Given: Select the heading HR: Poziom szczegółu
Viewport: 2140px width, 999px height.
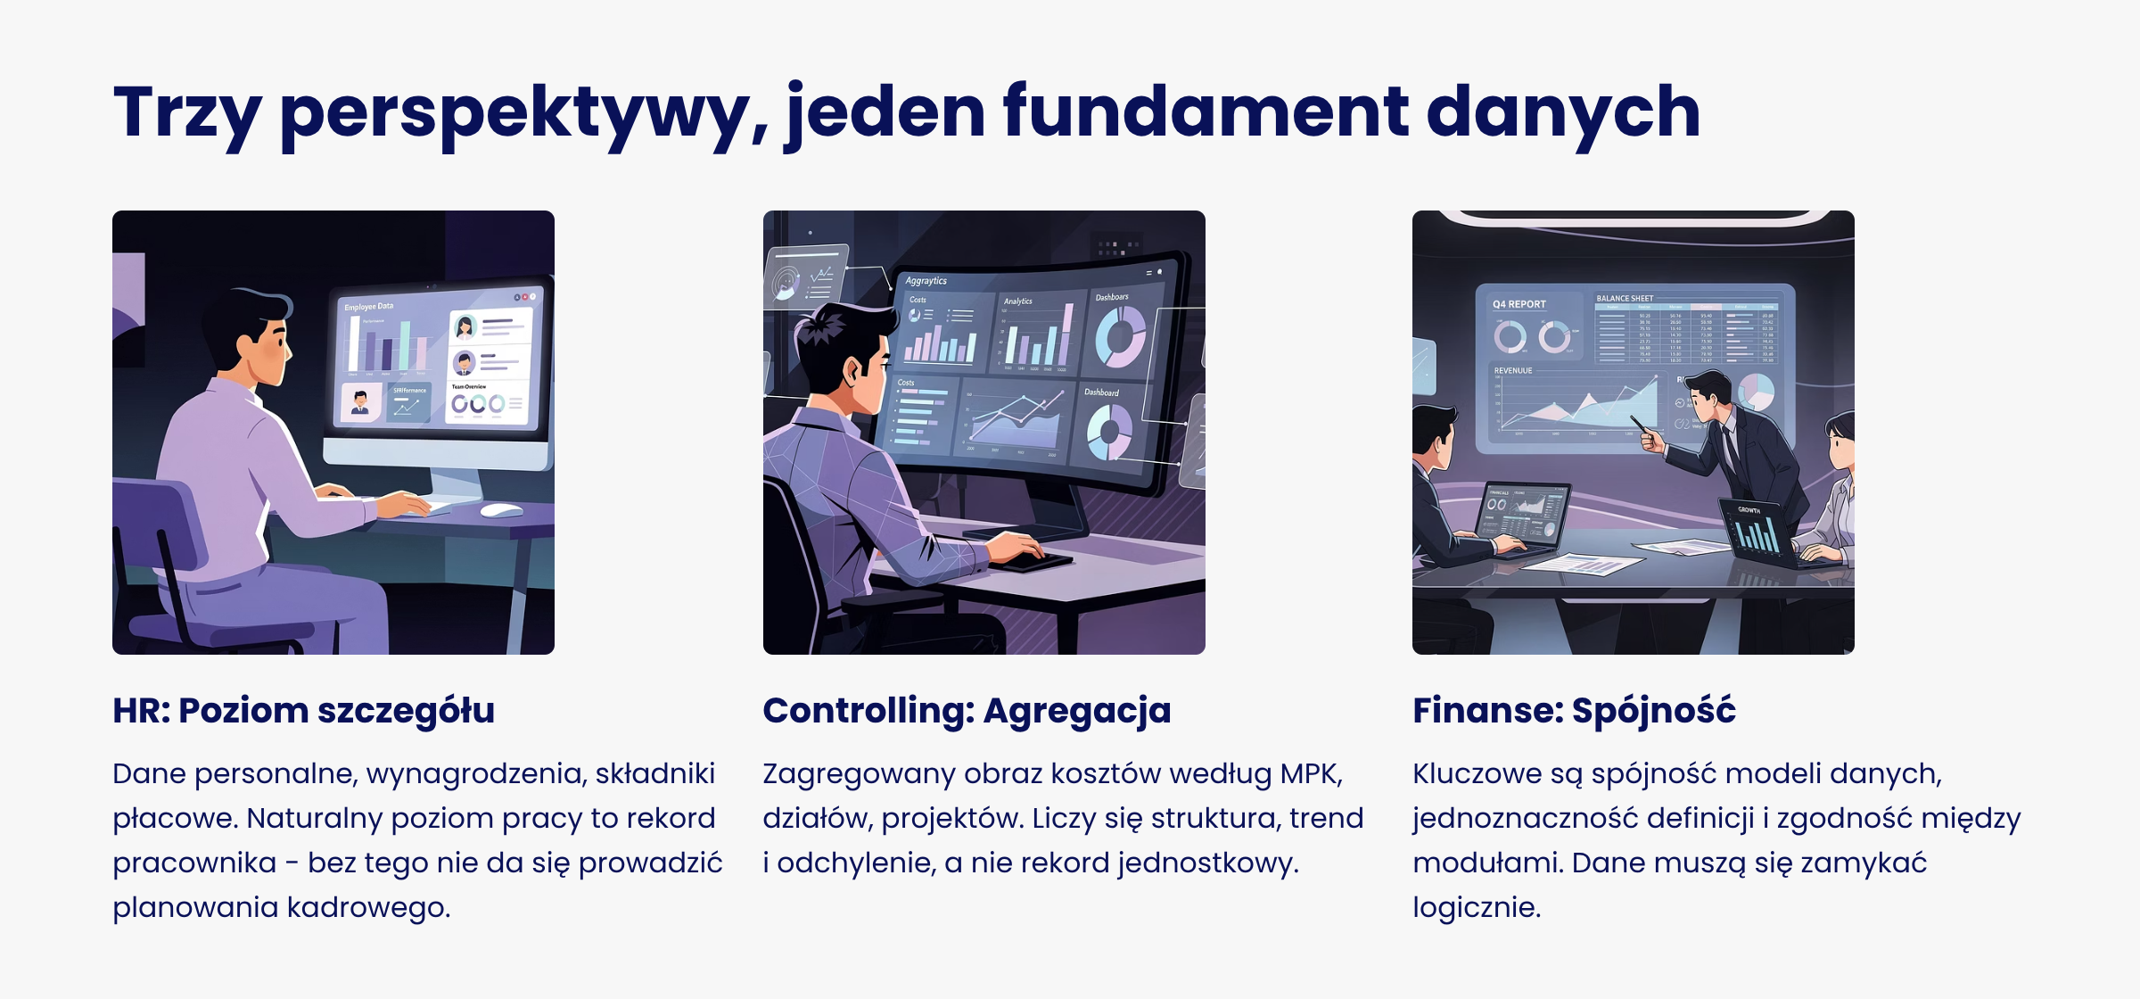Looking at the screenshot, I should pyautogui.click(x=303, y=711).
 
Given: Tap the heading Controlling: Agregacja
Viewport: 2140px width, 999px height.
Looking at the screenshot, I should pyautogui.click(x=967, y=711).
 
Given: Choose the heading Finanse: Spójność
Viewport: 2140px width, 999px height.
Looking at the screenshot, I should pyautogui.click(x=1574, y=711).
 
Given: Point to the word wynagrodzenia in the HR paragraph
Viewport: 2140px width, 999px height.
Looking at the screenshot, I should pyautogui.click(x=476, y=774).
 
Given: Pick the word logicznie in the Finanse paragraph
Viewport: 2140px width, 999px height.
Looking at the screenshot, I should pyautogui.click(x=1476, y=907).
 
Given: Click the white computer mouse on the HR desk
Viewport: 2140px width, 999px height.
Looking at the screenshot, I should pyautogui.click(x=501, y=510).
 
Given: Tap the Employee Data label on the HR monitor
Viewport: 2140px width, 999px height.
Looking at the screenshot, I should pyautogui.click(x=369, y=306).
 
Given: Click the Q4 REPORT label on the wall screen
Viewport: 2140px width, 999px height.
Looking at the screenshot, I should pyautogui.click(x=1519, y=304).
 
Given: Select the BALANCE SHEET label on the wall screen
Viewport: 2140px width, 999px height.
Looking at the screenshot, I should pyautogui.click(x=1625, y=298).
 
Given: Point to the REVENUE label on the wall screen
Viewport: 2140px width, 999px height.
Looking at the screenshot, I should pyautogui.click(x=1513, y=370).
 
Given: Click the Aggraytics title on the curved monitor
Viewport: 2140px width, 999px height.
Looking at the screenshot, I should pyautogui.click(x=926, y=280).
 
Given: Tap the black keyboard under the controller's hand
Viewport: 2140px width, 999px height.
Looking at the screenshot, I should pyautogui.click(x=1034, y=562).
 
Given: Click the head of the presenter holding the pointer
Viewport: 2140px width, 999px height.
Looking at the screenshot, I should pyautogui.click(x=1708, y=392).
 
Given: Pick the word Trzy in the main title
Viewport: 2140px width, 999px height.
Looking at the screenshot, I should pyautogui.click(x=186, y=112).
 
